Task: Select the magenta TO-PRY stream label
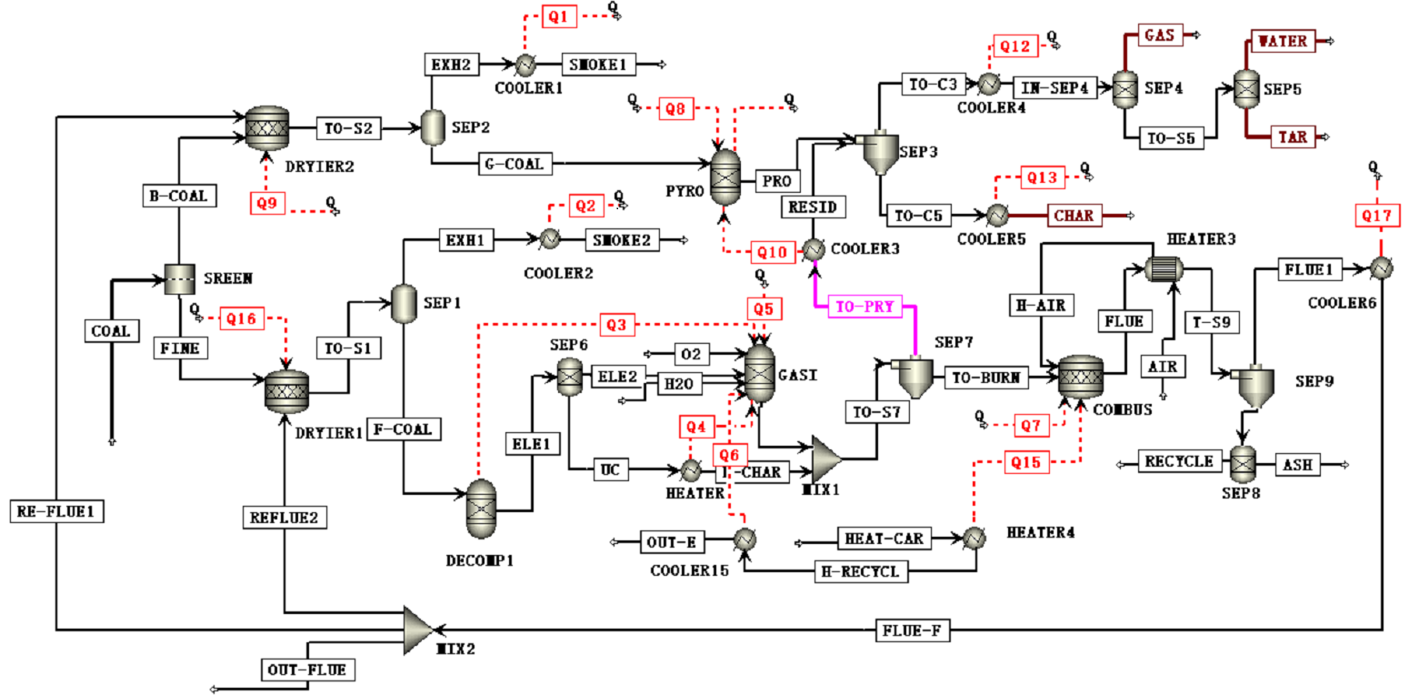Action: pos(864,307)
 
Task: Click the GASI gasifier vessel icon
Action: pos(759,373)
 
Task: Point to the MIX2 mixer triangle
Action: pos(418,630)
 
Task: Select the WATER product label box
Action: pos(1282,42)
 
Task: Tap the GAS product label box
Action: pos(1159,35)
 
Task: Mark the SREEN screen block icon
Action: pos(180,280)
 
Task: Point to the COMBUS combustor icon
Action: pos(1081,375)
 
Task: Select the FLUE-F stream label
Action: pos(914,629)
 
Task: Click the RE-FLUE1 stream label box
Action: pos(56,511)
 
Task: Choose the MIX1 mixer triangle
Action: pos(826,459)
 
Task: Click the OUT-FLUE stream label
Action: pos(307,670)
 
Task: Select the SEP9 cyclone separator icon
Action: pos(1254,388)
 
